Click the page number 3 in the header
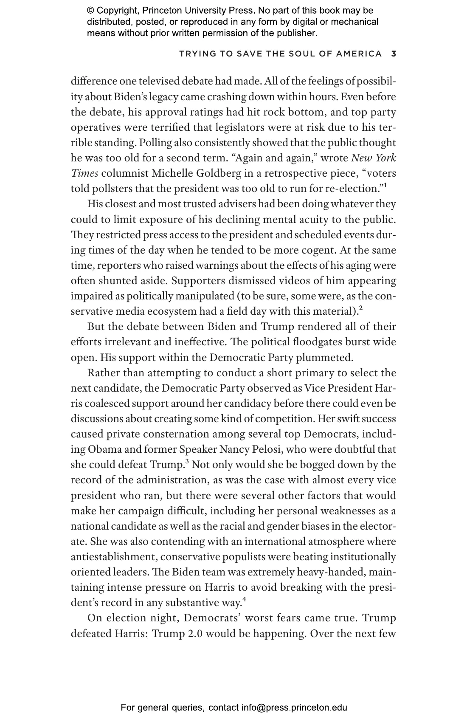pyautogui.click(x=394, y=54)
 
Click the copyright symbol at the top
pyautogui.click(x=90, y=11)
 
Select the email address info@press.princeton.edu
pyautogui.click(x=294, y=708)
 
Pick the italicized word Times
pyautogui.click(x=84, y=173)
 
